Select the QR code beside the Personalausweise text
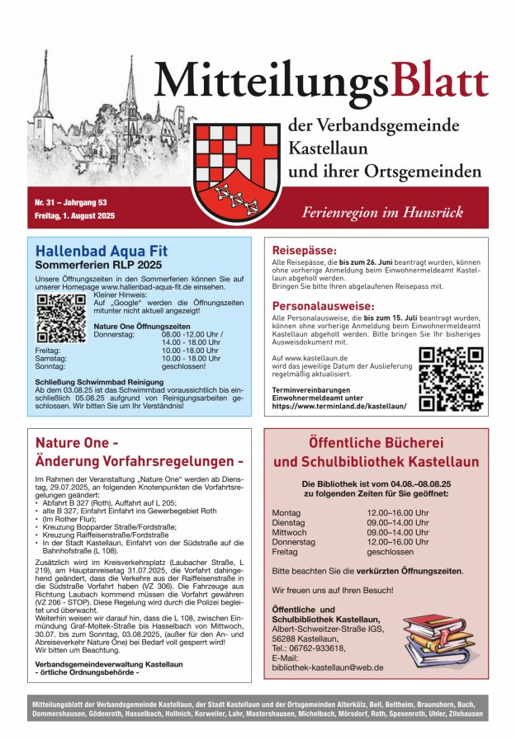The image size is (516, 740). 451,378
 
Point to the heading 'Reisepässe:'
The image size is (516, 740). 305,250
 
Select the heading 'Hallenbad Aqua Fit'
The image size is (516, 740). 102,251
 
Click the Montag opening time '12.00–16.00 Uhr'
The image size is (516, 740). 398,512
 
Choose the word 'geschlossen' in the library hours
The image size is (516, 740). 391,552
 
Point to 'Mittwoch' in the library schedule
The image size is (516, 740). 289,532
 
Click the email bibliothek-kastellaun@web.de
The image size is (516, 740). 328,667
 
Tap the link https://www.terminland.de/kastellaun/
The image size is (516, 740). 338,406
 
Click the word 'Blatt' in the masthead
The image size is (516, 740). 440,81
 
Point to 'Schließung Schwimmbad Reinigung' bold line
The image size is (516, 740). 100,382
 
